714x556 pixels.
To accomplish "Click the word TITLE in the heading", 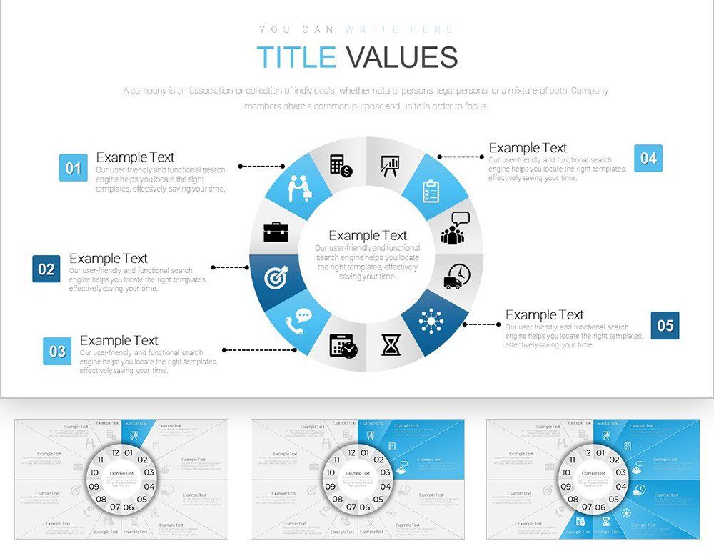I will point(296,57).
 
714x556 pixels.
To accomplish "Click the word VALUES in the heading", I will point(401,57).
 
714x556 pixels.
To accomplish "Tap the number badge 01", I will point(74,168).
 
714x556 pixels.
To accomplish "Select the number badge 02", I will point(46,269).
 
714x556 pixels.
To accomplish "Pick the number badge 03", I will point(57,351).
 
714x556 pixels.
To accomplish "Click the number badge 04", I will point(648,158).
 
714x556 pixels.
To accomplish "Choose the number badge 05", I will point(665,325).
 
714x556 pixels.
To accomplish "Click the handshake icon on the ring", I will point(301,188).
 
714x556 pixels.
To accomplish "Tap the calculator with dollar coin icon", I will point(341,165).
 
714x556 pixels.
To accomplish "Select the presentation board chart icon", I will point(390,166).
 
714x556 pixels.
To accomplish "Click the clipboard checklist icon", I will point(431,191).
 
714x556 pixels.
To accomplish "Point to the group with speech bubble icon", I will point(455,228).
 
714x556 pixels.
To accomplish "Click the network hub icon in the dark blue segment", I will point(431,322).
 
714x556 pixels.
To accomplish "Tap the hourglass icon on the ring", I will point(391,345).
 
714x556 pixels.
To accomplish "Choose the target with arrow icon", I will point(276,277).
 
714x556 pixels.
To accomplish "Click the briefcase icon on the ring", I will point(276,232).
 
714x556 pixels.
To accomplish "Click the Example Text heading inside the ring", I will point(367,235).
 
